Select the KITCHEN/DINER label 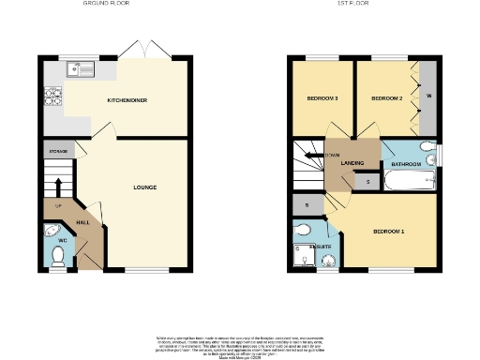pos(127,99)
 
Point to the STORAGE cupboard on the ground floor pos(57,149)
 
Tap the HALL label pos(82,222)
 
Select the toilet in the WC pos(58,263)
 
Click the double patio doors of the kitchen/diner pos(148,51)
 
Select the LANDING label pos(352,164)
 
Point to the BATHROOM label pos(406,164)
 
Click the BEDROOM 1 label pos(388,232)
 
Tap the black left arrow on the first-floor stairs pos(307,156)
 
